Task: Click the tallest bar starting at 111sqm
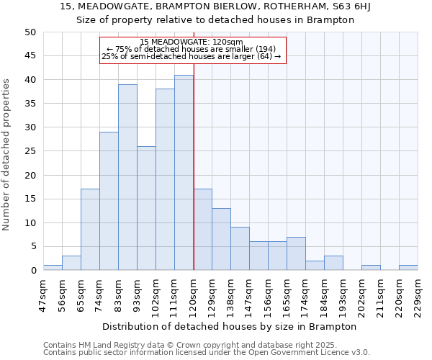coord(184,173)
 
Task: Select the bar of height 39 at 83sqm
coord(127,177)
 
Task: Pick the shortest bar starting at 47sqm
coord(53,268)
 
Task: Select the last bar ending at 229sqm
coord(408,268)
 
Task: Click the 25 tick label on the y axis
coord(30,151)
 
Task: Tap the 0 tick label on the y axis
coord(32,271)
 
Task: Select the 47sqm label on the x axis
coord(43,293)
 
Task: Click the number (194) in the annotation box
coord(262,49)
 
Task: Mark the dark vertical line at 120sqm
coord(194,180)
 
